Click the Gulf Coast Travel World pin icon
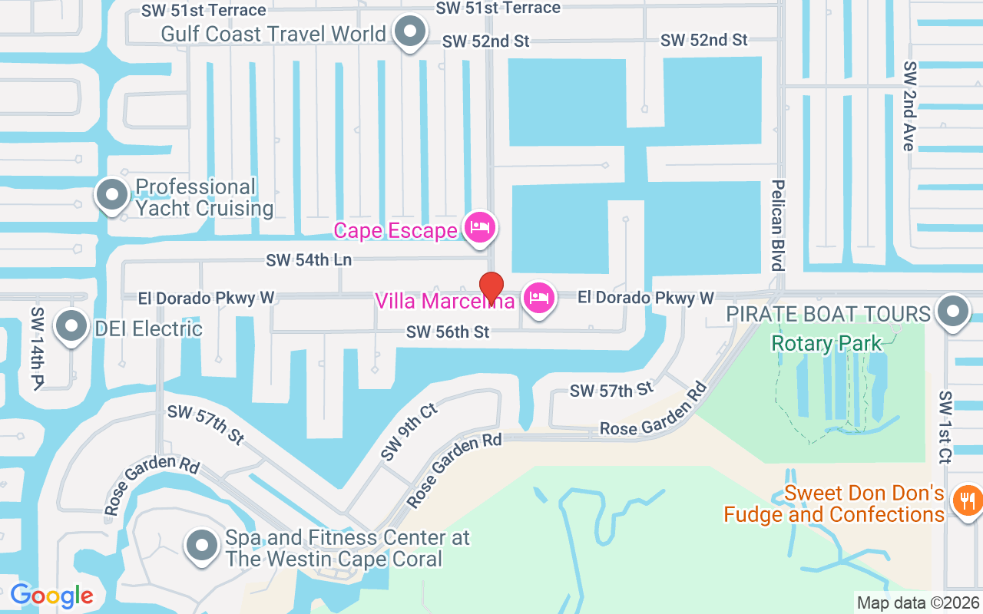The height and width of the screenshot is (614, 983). [x=410, y=32]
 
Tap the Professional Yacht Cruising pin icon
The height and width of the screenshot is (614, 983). [x=112, y=195]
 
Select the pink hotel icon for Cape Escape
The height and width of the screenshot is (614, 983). [x=480, y=227]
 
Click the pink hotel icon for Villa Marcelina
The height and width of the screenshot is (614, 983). [x=539, y=297]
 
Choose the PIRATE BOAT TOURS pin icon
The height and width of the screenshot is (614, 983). [x=954, y=312]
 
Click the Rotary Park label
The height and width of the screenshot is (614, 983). [x=826, y=343]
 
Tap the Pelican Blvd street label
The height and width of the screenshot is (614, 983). [x=778, y=225]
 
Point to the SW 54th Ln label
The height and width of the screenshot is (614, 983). [x=309, y=260]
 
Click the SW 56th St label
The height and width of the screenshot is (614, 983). [x=448, y=332]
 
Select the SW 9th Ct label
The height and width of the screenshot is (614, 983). [x=409, y=433]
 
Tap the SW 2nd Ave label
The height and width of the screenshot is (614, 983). [x=910, y=106]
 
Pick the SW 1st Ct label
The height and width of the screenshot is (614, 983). [x=945, y=427]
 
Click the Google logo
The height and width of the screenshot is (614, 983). [x=51, y=596]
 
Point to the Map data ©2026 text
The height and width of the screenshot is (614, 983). [x=918, y=603]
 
